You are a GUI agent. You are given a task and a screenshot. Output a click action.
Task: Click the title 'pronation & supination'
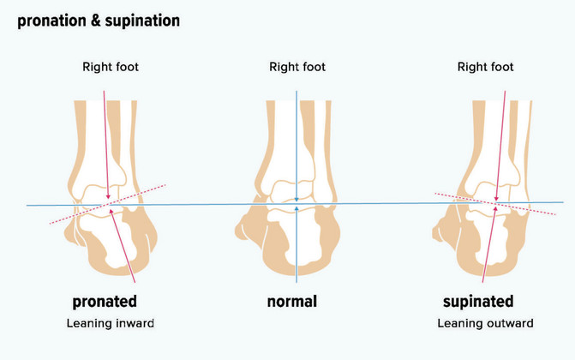99,21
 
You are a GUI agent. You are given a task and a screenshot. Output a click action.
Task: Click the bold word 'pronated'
105,302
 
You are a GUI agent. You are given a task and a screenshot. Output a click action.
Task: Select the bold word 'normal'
292,302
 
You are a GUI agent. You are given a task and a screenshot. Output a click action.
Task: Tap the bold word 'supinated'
478,302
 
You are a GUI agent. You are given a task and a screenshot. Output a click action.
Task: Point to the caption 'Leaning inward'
111,323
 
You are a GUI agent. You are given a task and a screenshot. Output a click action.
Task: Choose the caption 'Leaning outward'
485,323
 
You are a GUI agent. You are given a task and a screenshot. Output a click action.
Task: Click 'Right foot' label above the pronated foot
111,67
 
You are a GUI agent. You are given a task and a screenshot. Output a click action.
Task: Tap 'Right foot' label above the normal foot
297,67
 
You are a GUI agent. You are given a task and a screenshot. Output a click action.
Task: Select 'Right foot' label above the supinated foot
486,67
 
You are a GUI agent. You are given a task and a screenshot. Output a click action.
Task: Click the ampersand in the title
96,21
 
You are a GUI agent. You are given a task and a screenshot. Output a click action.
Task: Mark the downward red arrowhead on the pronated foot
108,196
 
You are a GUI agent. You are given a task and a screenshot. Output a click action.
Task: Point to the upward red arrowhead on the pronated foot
111,212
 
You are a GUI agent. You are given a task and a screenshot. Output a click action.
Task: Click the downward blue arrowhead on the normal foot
296,199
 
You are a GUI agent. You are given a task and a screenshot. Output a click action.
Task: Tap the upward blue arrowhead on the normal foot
296,208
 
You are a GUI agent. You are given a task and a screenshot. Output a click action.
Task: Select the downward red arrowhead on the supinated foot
496,199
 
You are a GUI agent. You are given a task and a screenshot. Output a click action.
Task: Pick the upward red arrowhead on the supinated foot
495,209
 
